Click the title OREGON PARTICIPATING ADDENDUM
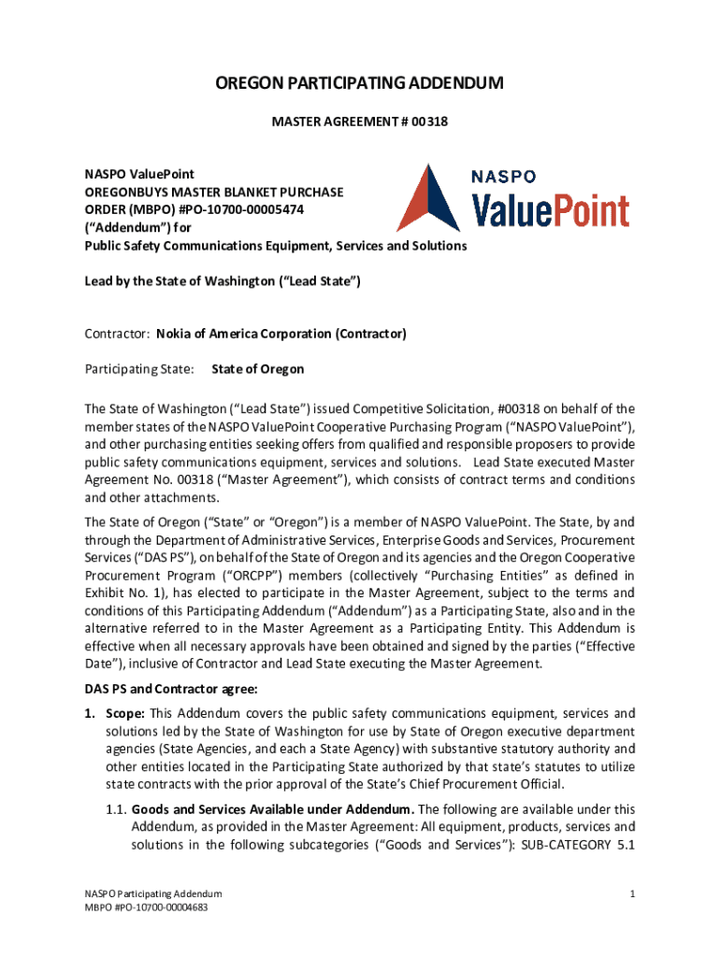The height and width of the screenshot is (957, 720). (360, 84)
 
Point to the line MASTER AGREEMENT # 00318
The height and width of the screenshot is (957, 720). (359, 121)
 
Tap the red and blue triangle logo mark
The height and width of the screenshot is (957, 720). (428, 197)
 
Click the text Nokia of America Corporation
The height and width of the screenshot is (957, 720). (245, 334)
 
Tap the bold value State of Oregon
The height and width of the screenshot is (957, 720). (257, 369)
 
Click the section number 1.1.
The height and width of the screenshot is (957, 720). (117, 809)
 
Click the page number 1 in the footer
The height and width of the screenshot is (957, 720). (633, 894)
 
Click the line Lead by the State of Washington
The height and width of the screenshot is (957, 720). (223, 280)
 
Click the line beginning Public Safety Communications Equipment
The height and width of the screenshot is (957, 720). (276, 246)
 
